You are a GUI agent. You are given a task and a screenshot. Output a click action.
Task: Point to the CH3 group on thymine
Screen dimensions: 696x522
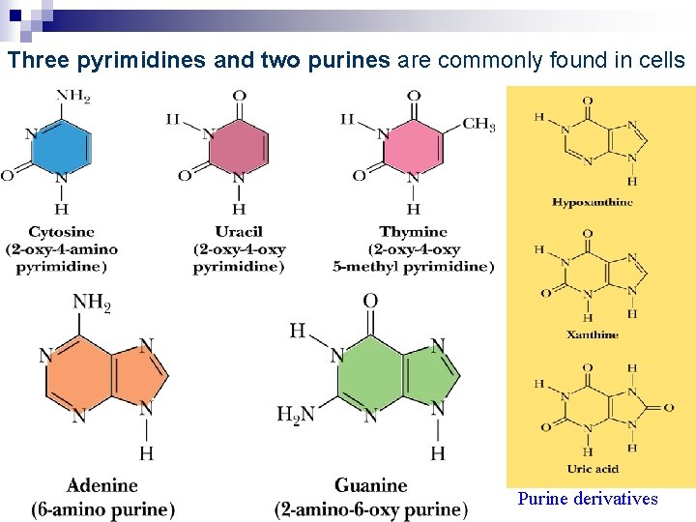478,124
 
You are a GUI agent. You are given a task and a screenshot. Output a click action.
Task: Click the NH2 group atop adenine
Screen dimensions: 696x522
92,303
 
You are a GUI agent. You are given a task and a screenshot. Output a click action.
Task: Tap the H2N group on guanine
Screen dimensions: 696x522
296,414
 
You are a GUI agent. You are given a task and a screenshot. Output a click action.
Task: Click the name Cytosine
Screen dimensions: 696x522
61,232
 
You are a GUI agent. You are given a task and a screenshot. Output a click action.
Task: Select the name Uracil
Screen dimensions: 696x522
239,232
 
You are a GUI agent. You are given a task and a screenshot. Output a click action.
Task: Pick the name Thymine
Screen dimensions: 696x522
413,232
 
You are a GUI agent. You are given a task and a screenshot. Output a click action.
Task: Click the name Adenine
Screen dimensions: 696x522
102,485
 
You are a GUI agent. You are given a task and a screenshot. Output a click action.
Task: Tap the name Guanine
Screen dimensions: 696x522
370,485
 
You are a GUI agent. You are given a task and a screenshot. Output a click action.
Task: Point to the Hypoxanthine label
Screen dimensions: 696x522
593,202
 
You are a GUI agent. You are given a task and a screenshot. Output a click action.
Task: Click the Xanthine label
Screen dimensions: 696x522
593,334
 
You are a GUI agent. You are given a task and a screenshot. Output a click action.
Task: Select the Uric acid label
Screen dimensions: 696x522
593,469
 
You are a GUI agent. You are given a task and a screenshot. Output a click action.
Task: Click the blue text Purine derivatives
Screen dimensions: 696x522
587,499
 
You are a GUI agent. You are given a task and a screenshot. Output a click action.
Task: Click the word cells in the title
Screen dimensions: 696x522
661,61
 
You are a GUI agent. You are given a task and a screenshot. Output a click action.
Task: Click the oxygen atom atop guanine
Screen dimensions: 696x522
370,302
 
